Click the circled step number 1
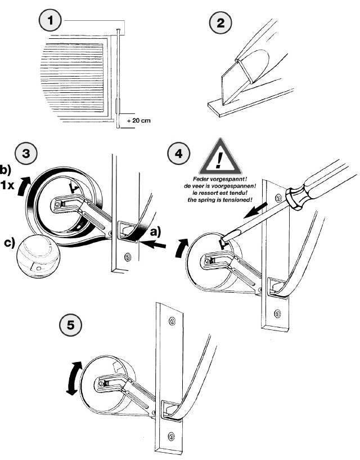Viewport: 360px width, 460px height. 50,20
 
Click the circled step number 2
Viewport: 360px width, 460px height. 220,23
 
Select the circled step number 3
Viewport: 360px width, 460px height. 26,153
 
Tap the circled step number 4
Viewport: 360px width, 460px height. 178,154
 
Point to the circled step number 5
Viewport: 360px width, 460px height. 71,325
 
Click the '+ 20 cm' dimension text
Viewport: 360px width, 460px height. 139,120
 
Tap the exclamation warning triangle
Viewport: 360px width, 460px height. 220,157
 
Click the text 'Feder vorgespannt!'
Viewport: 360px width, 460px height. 220,179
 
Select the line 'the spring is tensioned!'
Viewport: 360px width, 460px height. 220,200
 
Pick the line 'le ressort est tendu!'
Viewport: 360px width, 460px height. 220,193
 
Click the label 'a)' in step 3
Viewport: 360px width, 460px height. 155,232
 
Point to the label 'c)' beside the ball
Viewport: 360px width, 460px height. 9,243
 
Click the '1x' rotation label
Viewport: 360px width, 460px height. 7,185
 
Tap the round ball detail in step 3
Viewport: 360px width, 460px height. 38,256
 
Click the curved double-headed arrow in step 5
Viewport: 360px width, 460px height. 73,378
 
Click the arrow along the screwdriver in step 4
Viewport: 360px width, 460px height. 255,211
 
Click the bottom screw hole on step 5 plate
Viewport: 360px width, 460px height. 172,436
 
